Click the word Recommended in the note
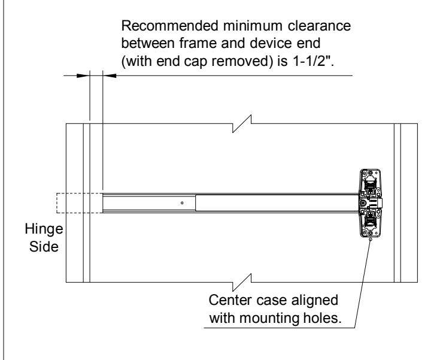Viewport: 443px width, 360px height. click(x=170, y=26)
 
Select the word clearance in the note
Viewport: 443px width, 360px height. click(x=319, y=26)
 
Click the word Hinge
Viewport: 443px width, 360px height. click(x=44, y=229)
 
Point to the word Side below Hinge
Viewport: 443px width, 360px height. click(x=44, y=247)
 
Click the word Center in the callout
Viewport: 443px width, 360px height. click(x=230, y=300)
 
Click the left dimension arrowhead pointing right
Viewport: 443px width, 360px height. click(x=83, y=75)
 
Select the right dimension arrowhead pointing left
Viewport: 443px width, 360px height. click(x=110, y=75)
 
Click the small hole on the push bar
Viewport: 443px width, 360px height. click(x=182, y=203)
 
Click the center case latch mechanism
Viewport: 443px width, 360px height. click(x=371, y=203)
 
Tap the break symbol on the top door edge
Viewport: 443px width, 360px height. click(x=242, y=123)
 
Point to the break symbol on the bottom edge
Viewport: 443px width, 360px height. click(x=242, y=282)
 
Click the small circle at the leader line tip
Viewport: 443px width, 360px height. click(x=371, y=239)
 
